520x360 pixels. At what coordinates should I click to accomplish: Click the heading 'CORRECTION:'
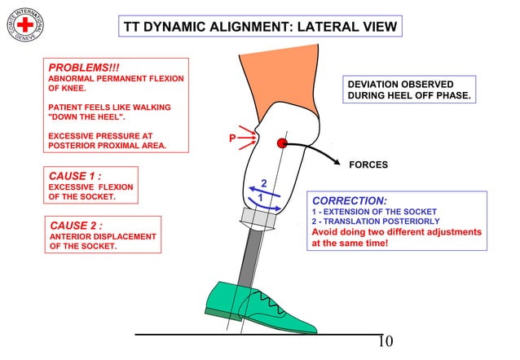(350, 200)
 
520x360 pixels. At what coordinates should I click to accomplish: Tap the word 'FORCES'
(368, 165)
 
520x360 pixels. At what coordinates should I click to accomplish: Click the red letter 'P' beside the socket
(232, 139)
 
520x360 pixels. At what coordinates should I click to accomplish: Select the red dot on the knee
(282, 143)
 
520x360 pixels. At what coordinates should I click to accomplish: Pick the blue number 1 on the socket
(260, 198)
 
